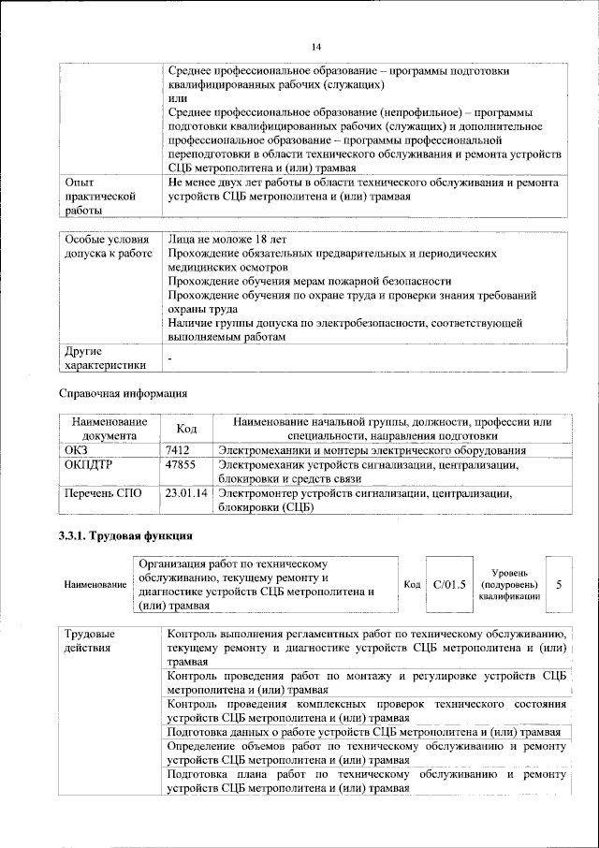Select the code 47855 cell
(x=180, y=464)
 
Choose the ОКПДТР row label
(x=89, y=464)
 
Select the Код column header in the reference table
(x=186, y=429)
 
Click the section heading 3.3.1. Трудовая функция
(x=126, y=536)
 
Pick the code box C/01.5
(x=449, y=584)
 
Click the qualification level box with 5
(x=559, y=584)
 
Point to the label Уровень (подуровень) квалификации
(x=509, y=583)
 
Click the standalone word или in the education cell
(x=177, y=98)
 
